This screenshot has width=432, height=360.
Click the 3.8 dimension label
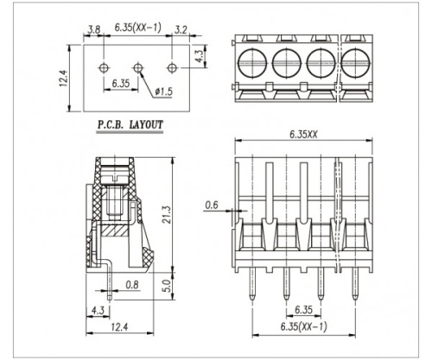(94, 29)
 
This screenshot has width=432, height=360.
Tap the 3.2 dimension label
(181, 29)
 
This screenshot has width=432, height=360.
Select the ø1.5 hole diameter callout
(163, 92)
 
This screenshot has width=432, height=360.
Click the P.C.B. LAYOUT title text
(130, 124)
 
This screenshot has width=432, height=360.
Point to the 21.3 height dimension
(167, 214)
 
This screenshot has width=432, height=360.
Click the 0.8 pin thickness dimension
(132, 285)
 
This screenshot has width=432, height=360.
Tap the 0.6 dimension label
(212, 205)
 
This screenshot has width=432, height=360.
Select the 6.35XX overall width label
(303, 134)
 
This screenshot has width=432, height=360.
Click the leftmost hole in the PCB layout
(104, 68)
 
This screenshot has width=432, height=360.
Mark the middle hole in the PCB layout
(138, 68)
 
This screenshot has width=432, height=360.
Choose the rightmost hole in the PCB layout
(172, 68)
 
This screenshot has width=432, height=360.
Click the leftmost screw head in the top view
(252, 63)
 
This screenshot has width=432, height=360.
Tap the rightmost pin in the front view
(355, 283)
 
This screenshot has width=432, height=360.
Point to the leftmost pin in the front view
(252, 283)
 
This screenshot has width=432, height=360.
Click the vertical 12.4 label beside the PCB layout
(63, 79)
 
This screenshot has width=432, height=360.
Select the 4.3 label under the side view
(98, 310)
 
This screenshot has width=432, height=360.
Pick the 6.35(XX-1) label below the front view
(304, 326)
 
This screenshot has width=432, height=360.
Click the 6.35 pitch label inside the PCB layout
(121, 84)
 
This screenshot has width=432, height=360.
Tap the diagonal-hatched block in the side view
(114, 231)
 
